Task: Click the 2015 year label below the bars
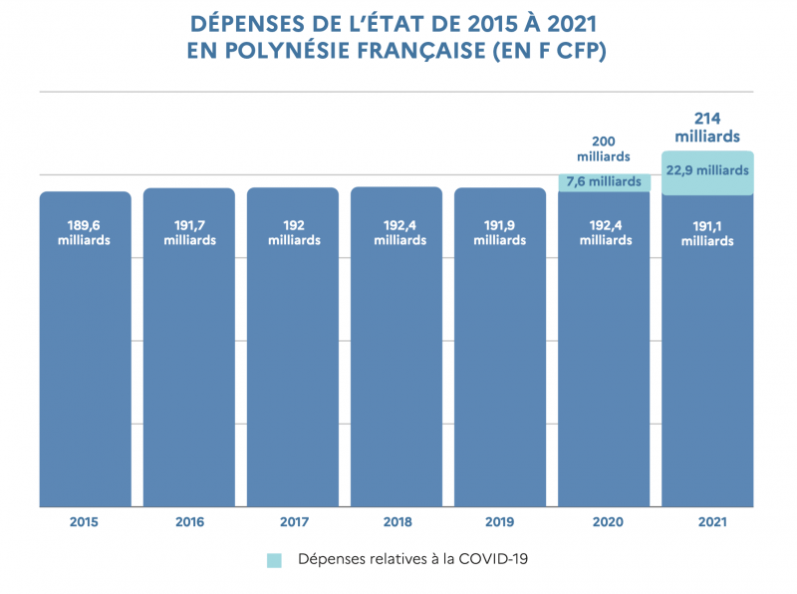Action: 85,522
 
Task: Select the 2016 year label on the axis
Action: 189,522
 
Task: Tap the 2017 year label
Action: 293,522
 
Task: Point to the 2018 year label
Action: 397,522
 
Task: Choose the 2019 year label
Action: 500,522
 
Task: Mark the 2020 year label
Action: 604,522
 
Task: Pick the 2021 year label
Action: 707,522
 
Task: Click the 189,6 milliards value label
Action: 85,232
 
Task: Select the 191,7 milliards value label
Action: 189,232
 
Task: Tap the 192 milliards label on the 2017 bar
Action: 293,232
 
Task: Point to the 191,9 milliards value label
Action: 500,232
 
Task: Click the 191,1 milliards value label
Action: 707,233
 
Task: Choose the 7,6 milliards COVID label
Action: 604,181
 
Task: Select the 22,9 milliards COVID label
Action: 707,170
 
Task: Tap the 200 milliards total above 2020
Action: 604,149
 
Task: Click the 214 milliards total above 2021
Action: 707,128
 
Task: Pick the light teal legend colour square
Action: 275,560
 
